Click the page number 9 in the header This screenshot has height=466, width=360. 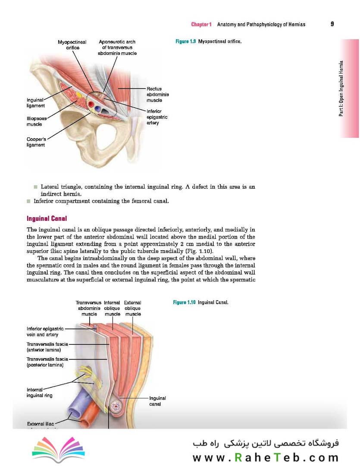pyautogui.click(x=332, y=24)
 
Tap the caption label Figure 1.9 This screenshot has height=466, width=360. pyautogui.click(x=186, y=42)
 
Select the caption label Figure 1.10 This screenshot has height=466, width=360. pyautogui.click(x=185, y=302)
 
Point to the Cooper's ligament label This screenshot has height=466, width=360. pyautogui.click(x=36, y=142)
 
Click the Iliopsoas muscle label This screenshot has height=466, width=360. pyautogui.click(x=36, y=121)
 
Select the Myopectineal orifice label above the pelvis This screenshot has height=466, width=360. pyautogui.click(x=72, y=45)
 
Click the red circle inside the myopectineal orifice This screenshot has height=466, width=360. pyautogui.click(x=91, y=104)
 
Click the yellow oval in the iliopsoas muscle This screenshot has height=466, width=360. pyautogui.click(x=79, y=94)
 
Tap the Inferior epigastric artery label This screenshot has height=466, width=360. pyautogui.click(x=157, y=117)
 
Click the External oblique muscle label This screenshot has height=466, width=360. pyautogui.click(x=132, y=309)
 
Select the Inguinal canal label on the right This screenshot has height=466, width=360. pyautogui.click(x=157, y=401)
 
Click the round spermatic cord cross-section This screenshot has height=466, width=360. pyautogui.click(x=116, y=406)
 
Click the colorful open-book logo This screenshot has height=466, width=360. pyautogui.click(x=53, y=449)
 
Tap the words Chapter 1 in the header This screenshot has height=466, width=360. pyautogui.click(x=201, y=25)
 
